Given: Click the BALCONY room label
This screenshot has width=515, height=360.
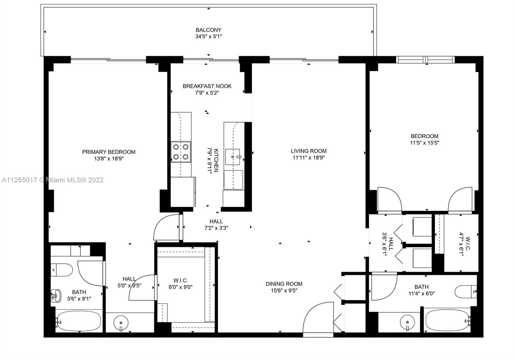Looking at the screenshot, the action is (x=208, y=30).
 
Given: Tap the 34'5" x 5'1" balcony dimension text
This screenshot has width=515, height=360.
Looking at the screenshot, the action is (x=208, y=36).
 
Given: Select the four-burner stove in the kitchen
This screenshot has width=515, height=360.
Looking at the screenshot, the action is (x=181, y=152).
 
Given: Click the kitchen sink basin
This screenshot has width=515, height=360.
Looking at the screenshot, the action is (x=232, y=157).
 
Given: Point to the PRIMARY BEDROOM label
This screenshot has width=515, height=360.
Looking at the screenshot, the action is (x=109, y=152).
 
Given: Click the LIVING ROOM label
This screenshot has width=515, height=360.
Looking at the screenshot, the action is (x=309, y=151).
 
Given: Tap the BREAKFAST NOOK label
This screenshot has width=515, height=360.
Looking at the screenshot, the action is (x=207, y=86).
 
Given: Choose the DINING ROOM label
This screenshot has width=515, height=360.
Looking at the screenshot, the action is (x=284, y=284).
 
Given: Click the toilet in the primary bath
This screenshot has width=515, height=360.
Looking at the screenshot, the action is (x=61, y=270).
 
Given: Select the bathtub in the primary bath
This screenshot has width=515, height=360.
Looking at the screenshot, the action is (x=79, y=321).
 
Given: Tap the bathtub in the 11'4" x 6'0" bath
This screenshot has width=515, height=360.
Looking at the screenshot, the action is (x=447, y=320).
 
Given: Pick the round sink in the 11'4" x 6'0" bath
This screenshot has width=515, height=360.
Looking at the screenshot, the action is (x=407, y=322).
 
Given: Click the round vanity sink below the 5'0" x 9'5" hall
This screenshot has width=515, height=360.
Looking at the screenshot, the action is (x=121, y=323).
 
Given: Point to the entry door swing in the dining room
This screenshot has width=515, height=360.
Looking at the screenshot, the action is (x=318, y=320).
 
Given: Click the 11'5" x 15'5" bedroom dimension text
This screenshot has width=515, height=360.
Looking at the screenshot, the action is (x=425, y=143).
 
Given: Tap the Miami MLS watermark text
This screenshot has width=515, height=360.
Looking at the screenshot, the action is (x=53, y=180).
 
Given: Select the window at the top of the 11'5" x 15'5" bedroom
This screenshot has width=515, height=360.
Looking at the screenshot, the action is (x=425, y=60).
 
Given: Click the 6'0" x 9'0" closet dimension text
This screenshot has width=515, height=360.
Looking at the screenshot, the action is (x=181, y=287).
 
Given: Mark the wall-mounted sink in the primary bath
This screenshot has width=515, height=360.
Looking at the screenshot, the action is (x=56, y=296).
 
